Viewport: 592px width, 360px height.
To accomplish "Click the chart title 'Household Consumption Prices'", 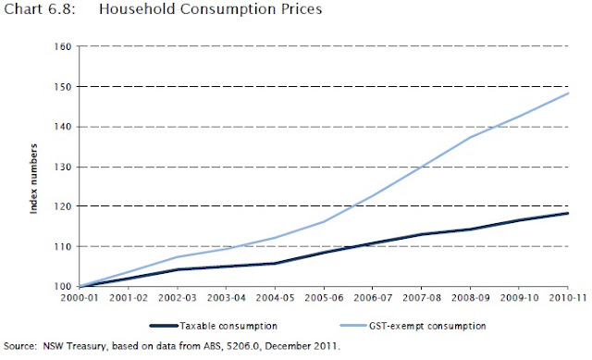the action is [210, 9].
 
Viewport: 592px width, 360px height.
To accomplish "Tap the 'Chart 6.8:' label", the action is [40, 9].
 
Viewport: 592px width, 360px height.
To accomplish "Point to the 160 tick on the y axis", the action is [63, 46].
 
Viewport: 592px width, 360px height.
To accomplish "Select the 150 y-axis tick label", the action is [63, 87].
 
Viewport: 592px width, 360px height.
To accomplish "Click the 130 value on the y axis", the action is [63, 167].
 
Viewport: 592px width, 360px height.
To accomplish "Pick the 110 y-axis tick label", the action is [63, 247].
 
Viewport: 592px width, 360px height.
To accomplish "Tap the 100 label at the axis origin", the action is [63, 287].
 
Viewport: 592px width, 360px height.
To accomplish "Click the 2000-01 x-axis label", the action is [80, 298].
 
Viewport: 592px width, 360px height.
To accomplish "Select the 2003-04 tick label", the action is [226, 298].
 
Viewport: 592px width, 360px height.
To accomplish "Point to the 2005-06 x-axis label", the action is [324, 298].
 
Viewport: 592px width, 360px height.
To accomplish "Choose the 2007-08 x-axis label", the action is [422, 298].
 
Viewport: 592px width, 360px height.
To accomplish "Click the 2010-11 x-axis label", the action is [568, 298].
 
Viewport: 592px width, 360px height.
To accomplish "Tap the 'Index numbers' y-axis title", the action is [34, 179].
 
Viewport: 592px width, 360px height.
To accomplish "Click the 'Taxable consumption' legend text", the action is [228, 326].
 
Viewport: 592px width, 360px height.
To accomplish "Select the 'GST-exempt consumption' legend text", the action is [427, 326].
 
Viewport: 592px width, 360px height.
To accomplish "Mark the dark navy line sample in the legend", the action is [164, 326].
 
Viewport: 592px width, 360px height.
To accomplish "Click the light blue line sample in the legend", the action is [353, 326].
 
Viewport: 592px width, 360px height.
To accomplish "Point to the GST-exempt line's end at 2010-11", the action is [568, 93].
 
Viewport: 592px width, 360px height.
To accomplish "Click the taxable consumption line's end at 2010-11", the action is [567, 214].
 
